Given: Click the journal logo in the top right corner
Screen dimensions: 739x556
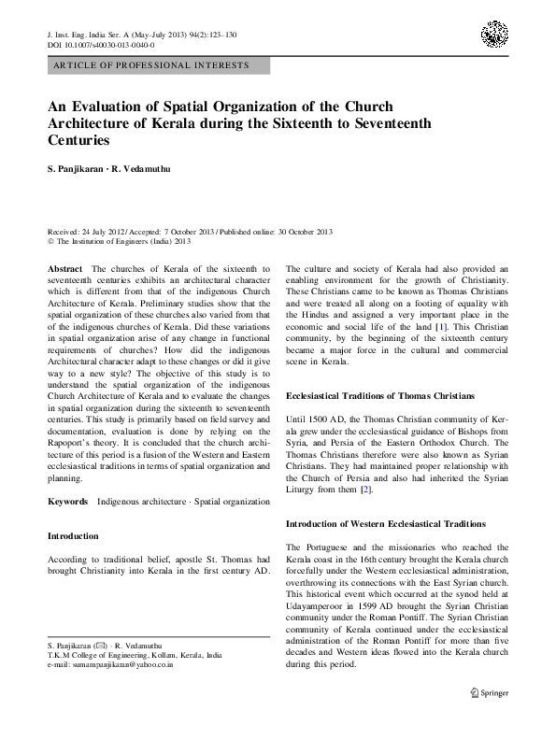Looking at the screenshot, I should pos(494,35).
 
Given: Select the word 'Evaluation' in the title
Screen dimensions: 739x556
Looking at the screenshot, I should pos(114,107).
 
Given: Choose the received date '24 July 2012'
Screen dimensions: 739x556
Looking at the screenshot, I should pos(103,231).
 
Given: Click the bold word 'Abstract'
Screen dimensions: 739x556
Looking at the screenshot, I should pos(65,269).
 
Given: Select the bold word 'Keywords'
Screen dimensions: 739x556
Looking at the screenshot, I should pos(68,502).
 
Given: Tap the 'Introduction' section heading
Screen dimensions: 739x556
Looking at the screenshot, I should pos(72,536).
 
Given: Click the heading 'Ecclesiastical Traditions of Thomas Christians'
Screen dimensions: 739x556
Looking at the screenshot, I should pos(379,397).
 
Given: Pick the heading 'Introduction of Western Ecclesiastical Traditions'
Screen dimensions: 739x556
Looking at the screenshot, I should pos(386,524).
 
